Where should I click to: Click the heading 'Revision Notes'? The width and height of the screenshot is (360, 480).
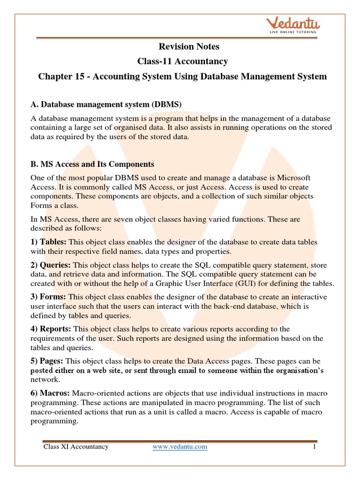point(182,46)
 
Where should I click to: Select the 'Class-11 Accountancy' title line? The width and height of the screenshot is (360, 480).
point(182,61)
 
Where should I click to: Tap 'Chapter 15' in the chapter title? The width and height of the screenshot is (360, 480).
point(58,76)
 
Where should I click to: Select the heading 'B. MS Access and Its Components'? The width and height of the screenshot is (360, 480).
point(92,165)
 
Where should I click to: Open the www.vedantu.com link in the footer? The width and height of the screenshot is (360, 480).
point(180,447)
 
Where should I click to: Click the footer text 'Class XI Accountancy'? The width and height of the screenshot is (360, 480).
point(76,447)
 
